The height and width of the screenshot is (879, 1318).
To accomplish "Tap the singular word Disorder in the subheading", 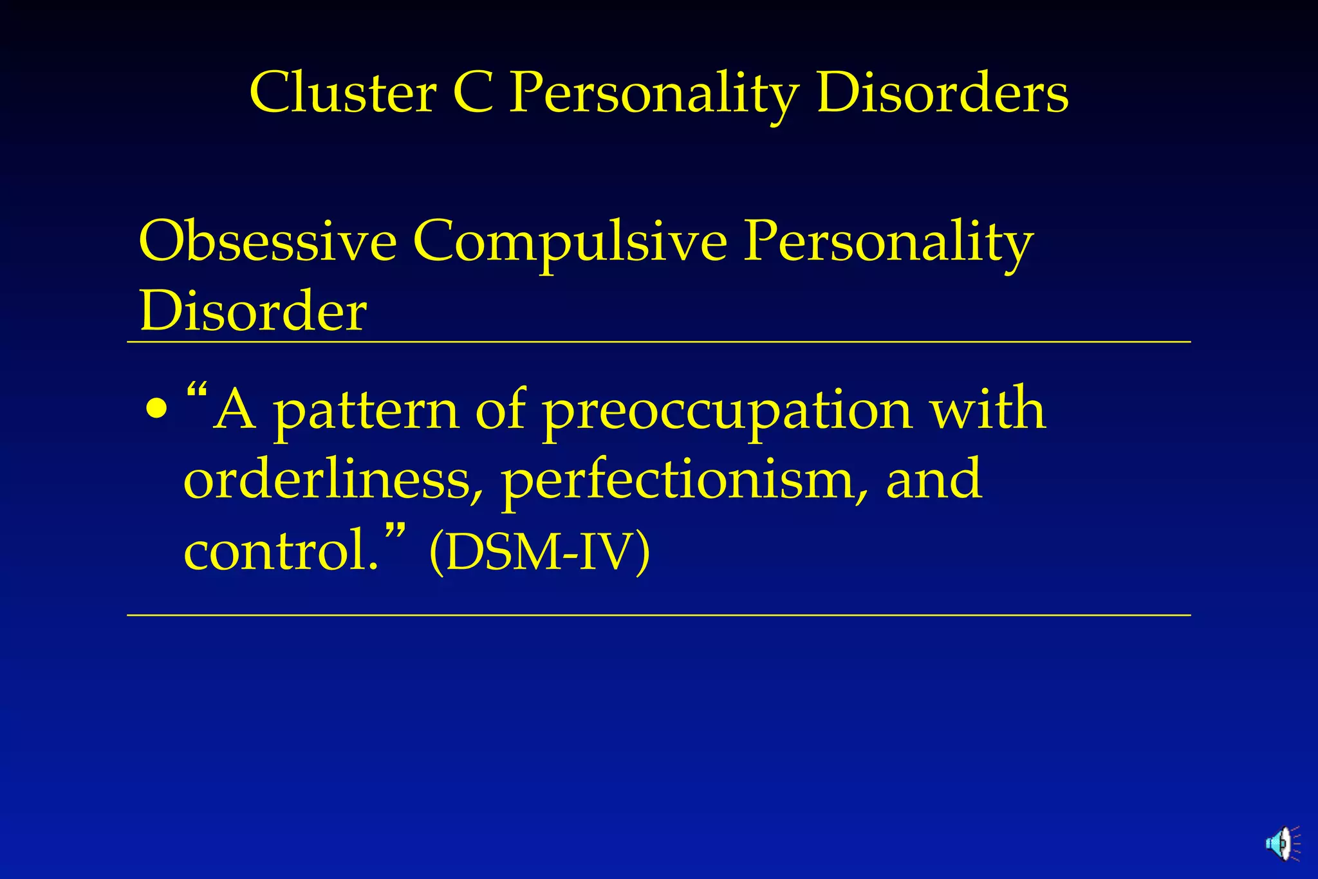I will point(253,311).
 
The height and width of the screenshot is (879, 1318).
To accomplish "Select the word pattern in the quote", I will point(366,412).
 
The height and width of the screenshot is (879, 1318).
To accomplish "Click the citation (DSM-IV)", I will point(539,552).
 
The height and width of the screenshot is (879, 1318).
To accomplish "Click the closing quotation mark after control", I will point(396,531).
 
